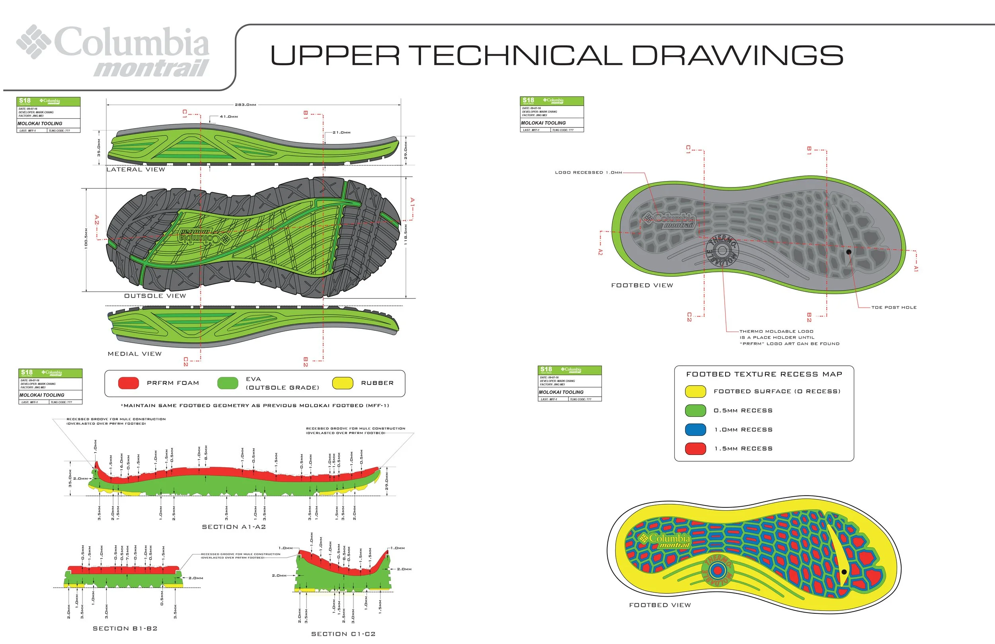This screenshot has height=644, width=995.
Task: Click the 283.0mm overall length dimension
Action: (245, 105)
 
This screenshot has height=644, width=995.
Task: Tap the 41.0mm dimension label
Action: (229, 117)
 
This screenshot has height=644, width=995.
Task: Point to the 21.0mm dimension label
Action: (341, 133)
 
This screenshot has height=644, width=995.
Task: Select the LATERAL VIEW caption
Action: (135, 170)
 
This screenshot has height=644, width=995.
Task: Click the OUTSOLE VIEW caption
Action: (155, 296)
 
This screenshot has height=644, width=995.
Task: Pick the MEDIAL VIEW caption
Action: (135, 354)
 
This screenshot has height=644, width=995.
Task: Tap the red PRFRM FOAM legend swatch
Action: (128, 383)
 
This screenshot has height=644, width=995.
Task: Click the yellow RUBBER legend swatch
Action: (342, 383)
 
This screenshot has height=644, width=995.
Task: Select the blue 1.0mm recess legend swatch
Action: (695, 429)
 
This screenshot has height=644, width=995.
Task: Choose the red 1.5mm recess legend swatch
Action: (695, 449)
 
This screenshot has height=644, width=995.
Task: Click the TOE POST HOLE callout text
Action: (894, 307)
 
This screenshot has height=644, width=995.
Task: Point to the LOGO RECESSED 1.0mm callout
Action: (588, 172)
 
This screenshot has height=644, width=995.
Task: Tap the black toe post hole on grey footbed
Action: (849, 252)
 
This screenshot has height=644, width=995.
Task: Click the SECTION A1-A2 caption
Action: (234, 527)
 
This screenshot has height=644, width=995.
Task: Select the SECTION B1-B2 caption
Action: (125, 628)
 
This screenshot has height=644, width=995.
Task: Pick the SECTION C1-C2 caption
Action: (343, 634)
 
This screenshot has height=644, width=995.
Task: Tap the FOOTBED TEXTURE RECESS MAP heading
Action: (764, 374)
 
